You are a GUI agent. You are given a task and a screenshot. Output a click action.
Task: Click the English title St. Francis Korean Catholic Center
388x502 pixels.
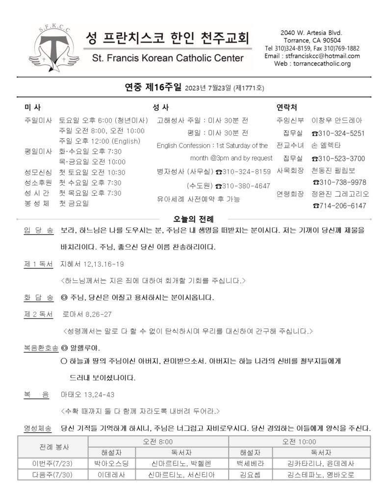[167, 58]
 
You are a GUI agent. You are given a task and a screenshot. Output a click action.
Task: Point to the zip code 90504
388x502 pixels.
[331, 40]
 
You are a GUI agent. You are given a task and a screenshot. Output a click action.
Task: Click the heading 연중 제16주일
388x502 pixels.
[154, 88]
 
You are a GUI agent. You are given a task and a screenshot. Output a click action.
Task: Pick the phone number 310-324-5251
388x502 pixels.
[341, 133]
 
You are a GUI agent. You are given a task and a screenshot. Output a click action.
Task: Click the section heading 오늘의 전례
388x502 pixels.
[194, 219]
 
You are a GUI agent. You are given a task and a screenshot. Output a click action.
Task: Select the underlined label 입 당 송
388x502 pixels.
[39, 229]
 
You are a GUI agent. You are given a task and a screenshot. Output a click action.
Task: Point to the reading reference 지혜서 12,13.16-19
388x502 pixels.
[92, 264]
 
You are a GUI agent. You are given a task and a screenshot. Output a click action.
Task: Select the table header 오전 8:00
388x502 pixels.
[158, 441]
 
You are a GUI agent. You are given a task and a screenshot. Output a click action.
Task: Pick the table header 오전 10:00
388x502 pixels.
[299, 441]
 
